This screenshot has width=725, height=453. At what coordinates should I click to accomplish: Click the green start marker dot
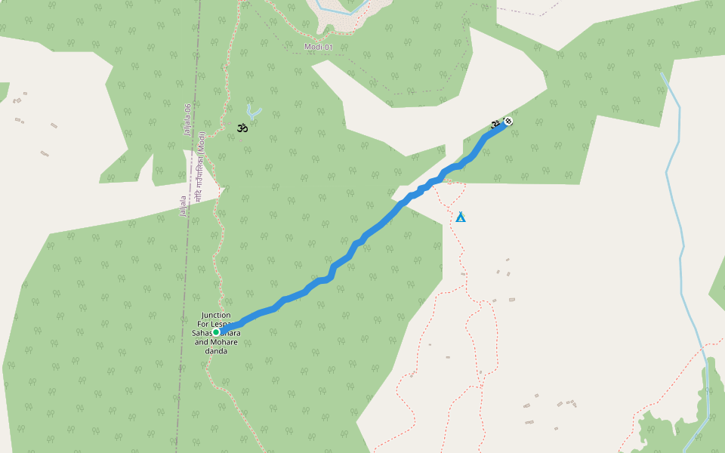click(216, 332)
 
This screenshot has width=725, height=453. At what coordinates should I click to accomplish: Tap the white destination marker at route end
click(508, 121)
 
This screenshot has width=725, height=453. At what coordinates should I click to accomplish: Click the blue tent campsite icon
click(461, 217)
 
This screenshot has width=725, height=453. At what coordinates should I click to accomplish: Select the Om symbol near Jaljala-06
click(242, 128)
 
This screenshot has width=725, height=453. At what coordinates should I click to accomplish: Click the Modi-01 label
click(318, 48)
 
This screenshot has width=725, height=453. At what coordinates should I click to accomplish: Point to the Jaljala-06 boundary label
click(187, 119)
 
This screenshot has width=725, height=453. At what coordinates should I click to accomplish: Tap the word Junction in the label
click(216, 315)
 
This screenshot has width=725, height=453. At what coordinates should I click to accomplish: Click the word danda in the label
click(216, 350)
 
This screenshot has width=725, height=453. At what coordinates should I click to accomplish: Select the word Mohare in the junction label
click(224, 341)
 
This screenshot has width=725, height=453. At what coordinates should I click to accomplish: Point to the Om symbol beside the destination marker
click(495, 122)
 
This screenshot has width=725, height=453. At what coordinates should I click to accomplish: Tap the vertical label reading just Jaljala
click(183, 207)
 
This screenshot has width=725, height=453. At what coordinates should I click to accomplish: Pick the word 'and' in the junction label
click(201, 341)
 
